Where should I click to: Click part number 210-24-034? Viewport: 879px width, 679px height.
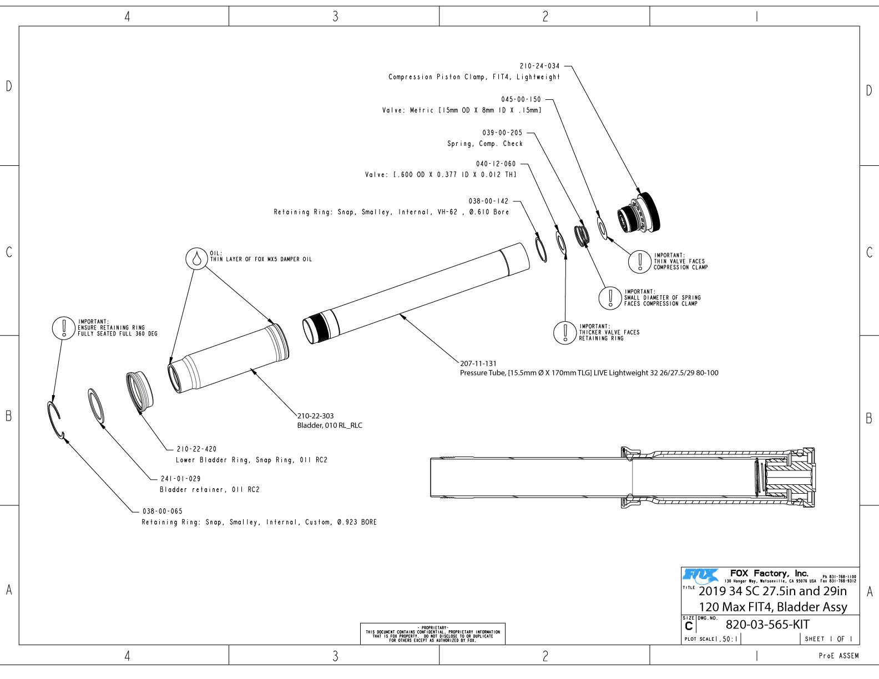click(x=539, y=66)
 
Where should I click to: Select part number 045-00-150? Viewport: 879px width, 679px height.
click(x=521, y=99)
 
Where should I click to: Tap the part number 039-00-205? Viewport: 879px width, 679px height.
click(x=502, y=133)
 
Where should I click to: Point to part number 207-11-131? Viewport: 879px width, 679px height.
click(x=478, y=364)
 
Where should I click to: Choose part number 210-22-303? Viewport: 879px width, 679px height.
click(x=316, y=415)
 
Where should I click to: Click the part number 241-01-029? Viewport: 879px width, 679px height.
click(x=180, y=478)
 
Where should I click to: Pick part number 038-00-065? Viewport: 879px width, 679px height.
click(x=162, y=511)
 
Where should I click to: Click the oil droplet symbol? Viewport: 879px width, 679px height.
click(x=196, y=259)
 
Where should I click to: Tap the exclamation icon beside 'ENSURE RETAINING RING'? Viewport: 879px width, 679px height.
click(x=64, y=328)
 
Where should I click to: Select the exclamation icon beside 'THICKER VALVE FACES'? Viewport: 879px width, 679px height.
click(x=565, y=332)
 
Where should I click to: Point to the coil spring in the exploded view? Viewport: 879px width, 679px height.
click(x=581, y=235)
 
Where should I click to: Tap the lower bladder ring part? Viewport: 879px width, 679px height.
click(x=139, y=392)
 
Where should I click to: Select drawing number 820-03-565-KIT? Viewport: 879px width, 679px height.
click(x=767, y=625)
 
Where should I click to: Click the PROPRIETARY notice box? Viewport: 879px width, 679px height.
click(x=433, y=634)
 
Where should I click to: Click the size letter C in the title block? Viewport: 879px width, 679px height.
click(x=689, y=626)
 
